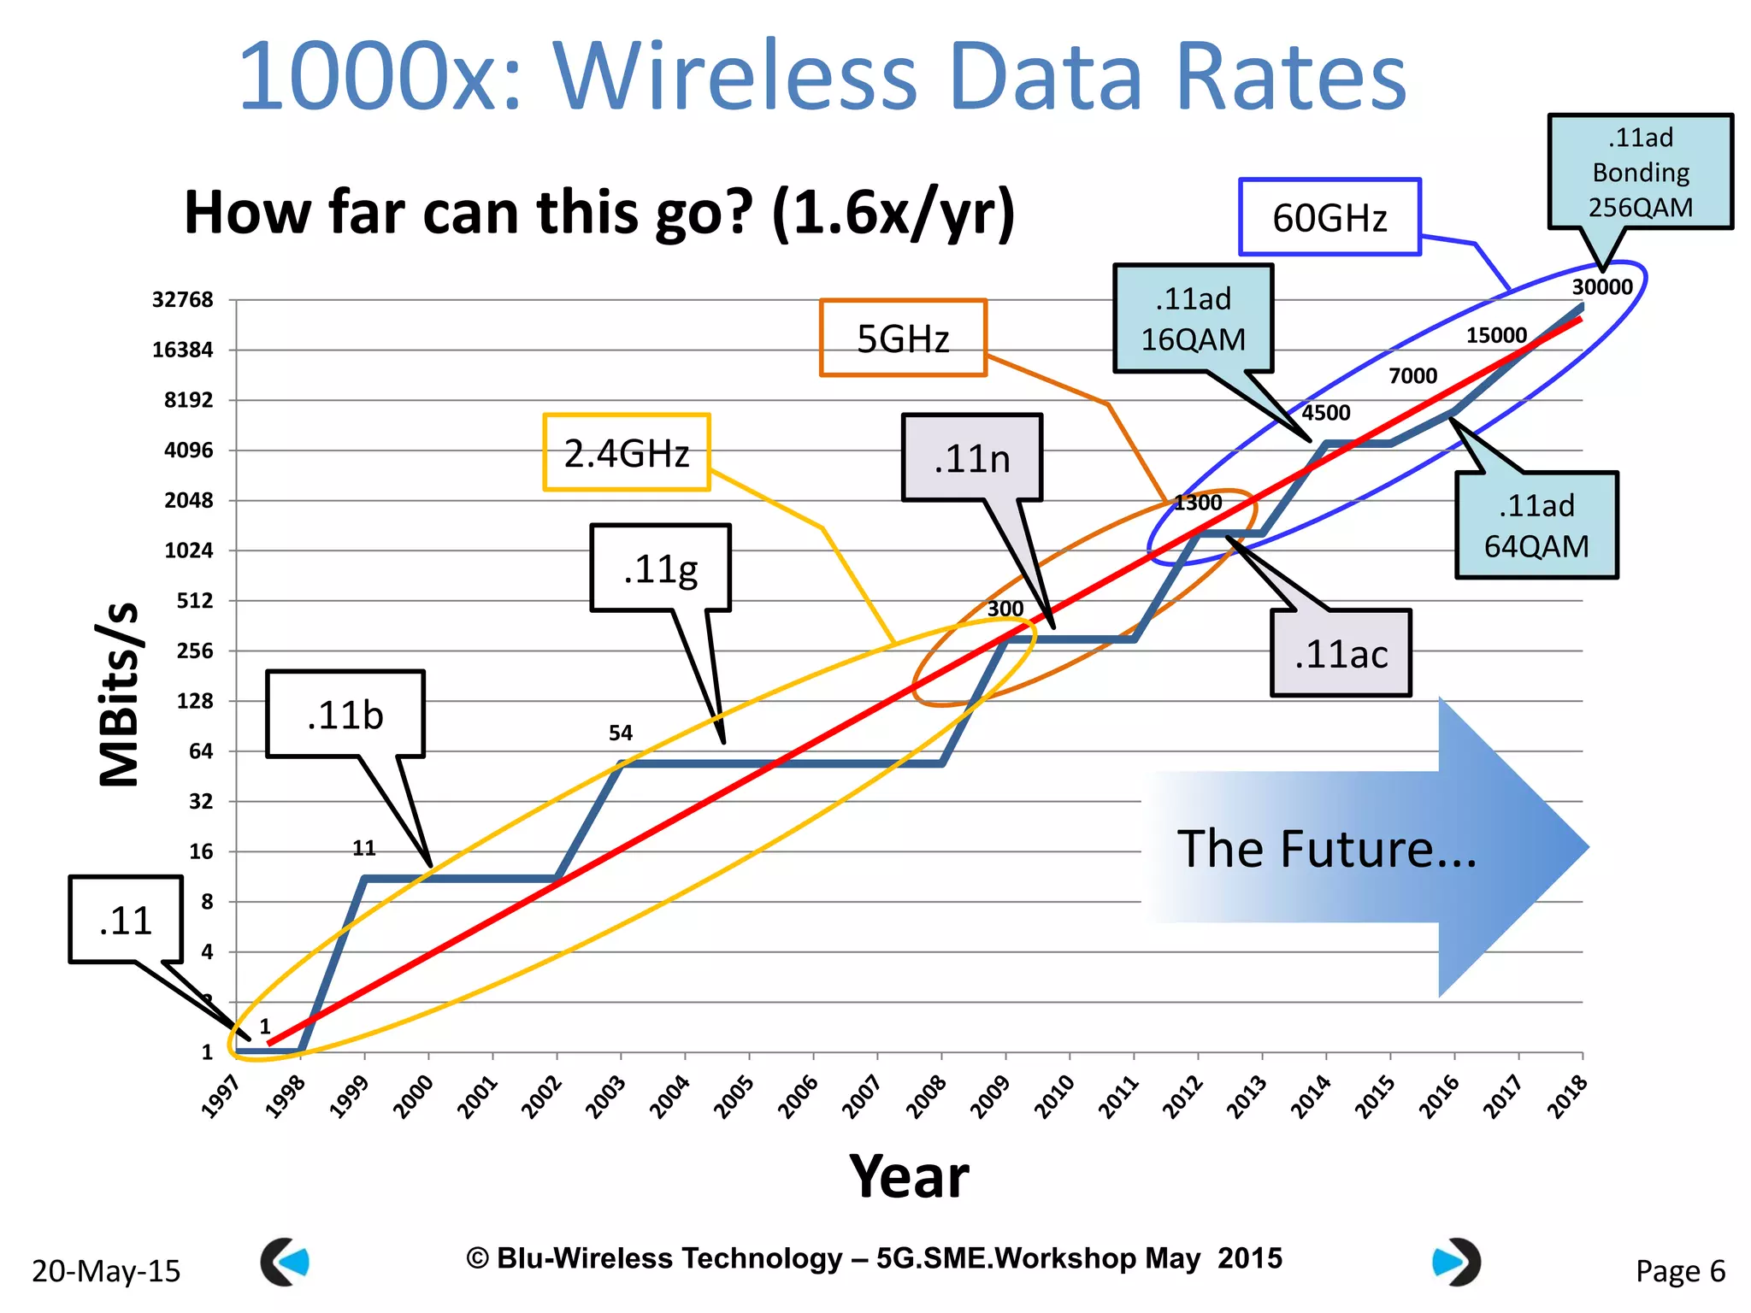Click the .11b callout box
click(345, 715)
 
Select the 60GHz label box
click(1329, 217)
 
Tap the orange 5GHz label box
click(903, 339)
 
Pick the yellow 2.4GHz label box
click(627, 453)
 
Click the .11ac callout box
click(1341, 654)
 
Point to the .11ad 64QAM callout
click(1536, 526)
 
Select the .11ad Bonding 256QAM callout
click(1640, 172)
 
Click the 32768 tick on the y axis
click(182, 300)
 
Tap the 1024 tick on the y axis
click(188, 551)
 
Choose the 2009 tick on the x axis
click(992, 1097)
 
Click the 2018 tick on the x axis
click(1569, 1097)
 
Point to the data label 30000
click(1601, 287)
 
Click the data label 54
click(621, 733)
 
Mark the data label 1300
click(1198, 503)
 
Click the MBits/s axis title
click(120, 692)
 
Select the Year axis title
click(909, 1177)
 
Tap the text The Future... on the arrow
click(1327, 849)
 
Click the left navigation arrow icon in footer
click(285, 1262)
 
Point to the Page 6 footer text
click(1680, 1271)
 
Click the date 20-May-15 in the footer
click(106, 1271)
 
